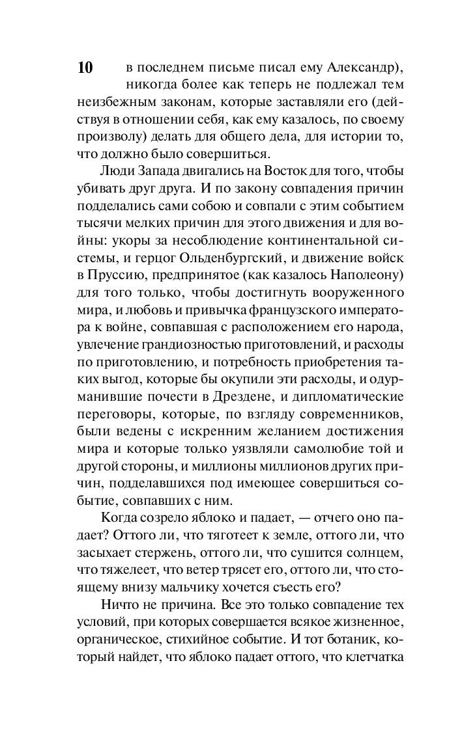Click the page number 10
[85, 68]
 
